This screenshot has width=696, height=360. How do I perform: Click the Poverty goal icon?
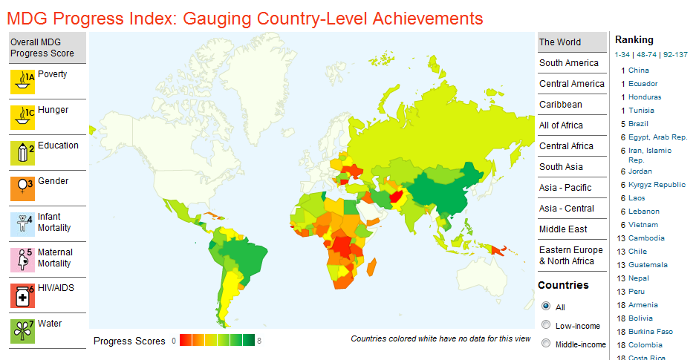point(23,81)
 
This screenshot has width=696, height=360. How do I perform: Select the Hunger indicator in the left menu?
point(53,110)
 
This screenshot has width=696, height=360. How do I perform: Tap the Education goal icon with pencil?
point(23,152)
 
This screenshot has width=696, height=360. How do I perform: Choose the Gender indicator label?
point(53,181)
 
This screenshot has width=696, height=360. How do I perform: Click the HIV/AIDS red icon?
point(23,295)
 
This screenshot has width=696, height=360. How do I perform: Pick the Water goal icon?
point(23,330)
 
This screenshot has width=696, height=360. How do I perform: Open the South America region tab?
point(568,63)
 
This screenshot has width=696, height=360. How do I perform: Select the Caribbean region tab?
point(561,105)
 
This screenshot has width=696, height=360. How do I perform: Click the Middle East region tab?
point(563,229)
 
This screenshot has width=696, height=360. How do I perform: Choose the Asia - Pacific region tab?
point(565,188)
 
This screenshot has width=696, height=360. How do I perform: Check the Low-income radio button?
point(546,325)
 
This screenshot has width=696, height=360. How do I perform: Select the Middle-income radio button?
point(546,344)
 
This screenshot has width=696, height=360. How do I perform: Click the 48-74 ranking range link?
point(647,54)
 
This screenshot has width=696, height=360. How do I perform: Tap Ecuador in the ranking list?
point(643,84)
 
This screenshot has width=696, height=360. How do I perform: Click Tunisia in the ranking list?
point(641,111)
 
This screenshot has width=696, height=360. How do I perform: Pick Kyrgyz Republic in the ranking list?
point(657,185)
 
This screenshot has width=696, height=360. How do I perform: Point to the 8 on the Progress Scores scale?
point(259,341)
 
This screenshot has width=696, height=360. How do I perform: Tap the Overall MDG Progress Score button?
point(48,48)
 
